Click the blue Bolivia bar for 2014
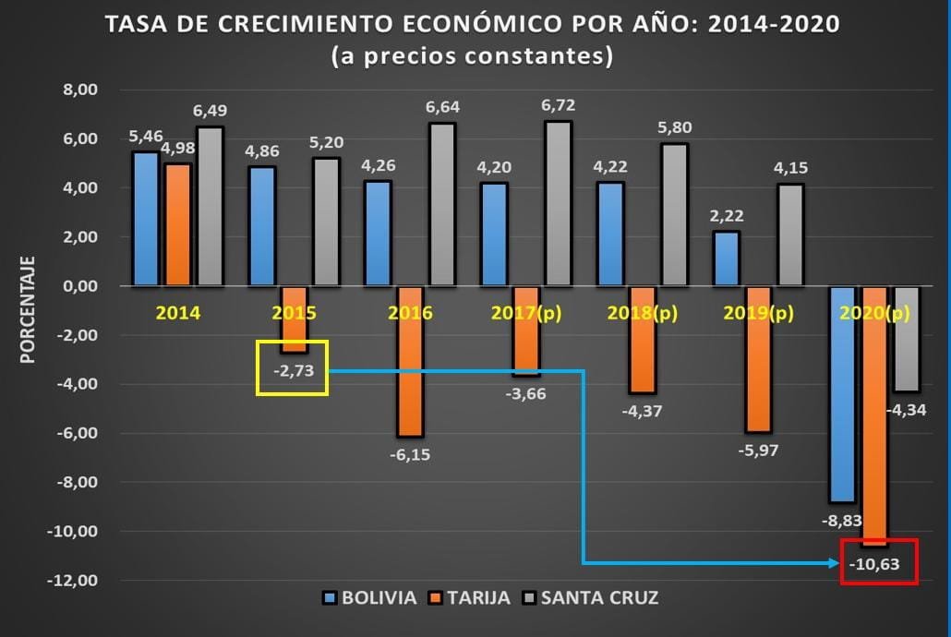pos(146,219)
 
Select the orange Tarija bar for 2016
pos(409,361)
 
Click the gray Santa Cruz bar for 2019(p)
pos(789,234)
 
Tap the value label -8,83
pos(842,520)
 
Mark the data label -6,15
pos(409,454)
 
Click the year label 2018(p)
pos(643,312)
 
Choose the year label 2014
pos(178,312)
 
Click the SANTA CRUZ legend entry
pos(599,597)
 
